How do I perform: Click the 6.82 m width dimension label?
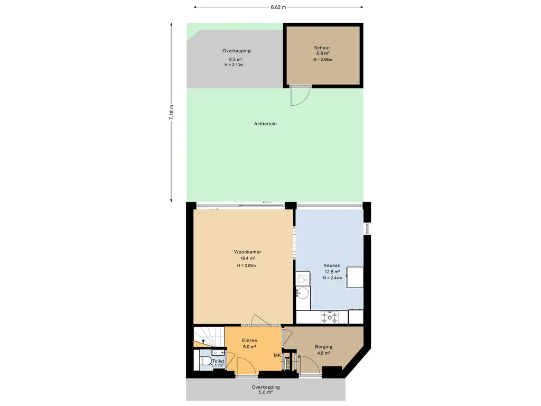point(278,7)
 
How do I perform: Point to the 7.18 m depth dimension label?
point(171,112)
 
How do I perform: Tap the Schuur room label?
point(322,48)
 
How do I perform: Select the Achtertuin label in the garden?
point(265,124)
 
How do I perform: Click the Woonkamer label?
point(247,252)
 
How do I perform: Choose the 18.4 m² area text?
point(247,258)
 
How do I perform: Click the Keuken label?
point(332,265)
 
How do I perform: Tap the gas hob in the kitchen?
point(330,317)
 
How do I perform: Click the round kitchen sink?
point(303,293)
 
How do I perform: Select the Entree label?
point(249,340)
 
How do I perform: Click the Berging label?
point(324,347)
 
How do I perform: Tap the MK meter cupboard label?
point(277,355)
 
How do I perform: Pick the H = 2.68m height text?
point(323,59)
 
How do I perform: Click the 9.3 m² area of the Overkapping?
point(236,59)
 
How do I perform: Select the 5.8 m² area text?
point(266,393)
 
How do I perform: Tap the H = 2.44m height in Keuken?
point(332,278)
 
